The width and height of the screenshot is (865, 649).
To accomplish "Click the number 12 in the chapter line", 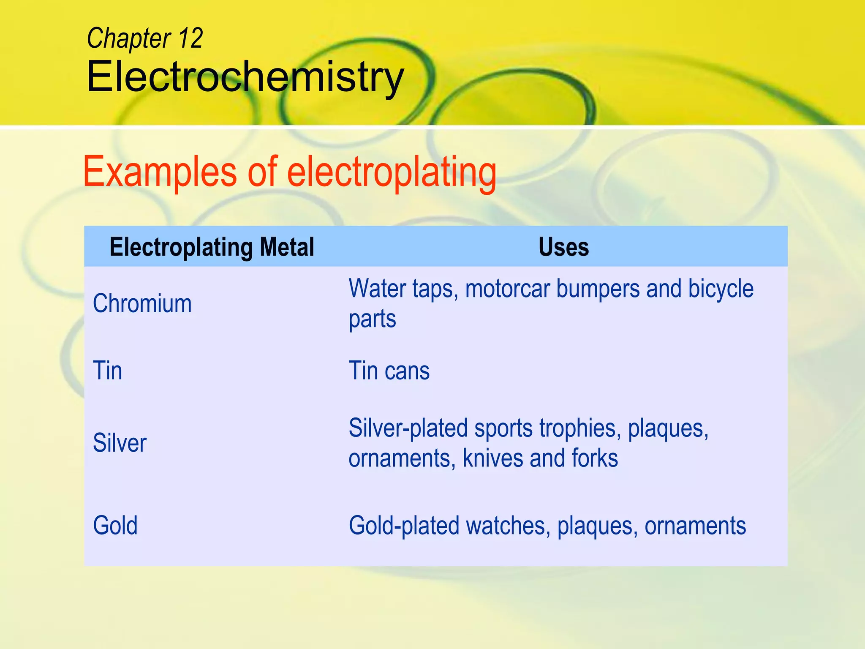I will point(190,38).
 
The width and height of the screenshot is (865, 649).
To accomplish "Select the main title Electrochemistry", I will point(245,77).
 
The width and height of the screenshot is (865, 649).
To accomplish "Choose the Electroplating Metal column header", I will point(212,247).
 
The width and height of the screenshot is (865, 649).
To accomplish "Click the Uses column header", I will point(563,247).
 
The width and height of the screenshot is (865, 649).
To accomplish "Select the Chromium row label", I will point(142,303).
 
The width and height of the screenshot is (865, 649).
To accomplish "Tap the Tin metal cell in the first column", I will point(108,371).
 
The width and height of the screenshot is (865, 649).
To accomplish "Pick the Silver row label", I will point(120,443).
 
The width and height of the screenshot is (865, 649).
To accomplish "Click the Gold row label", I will point(115,525).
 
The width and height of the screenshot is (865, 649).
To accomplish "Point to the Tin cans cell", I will point(389,371).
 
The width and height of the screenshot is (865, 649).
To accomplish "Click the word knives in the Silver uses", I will point(492,458).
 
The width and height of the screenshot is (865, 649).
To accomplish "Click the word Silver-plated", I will point(408,428).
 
